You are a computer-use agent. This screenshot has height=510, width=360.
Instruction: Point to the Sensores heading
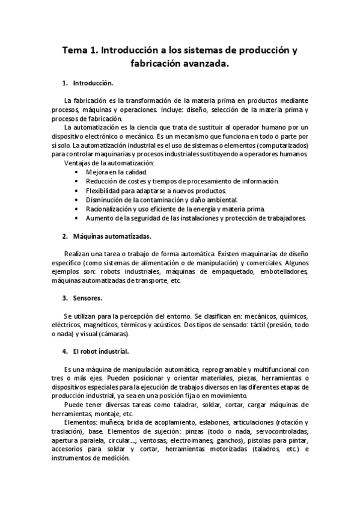click(x=88, y=298)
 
